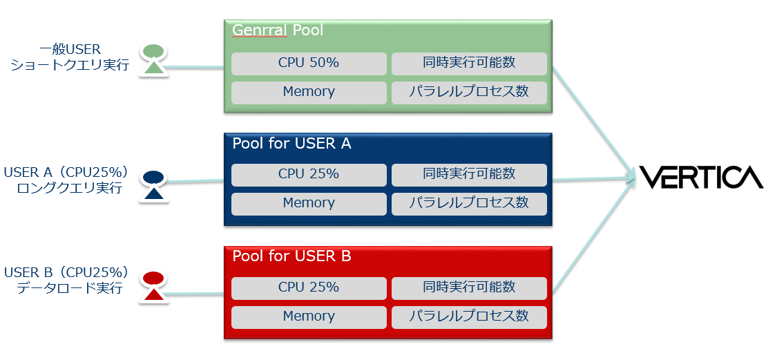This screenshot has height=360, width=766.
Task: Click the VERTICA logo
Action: tap(700, 178)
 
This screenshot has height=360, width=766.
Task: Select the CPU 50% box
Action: tap(309, 64)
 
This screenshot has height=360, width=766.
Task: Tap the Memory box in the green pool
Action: tap(309, 92)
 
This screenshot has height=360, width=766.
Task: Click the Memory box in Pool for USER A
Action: tap(309, 203)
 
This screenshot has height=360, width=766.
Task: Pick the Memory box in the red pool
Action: tap(309, 316)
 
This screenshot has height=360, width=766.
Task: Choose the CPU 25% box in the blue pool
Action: tap(309, 174)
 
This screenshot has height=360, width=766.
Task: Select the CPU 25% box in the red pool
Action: tap(309, 287)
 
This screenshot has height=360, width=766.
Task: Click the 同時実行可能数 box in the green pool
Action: tap(469, 64)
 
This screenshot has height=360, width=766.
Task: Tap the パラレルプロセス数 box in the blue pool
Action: tap(469, 203)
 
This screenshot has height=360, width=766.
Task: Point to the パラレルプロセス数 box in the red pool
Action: tap(469, 316)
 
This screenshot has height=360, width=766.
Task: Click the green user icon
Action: tap(153, 59)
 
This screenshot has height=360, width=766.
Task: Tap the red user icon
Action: tap(153, 287)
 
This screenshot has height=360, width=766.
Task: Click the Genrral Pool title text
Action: tap(278, 30)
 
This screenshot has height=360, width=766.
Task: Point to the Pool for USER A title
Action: tap(291, 144)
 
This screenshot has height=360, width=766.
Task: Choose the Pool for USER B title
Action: tap(291, 256)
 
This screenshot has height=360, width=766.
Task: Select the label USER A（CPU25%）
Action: tap(66, 172)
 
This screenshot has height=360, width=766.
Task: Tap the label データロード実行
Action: tap(70, 287)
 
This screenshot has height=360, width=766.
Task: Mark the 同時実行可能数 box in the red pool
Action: tap(469, 287)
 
